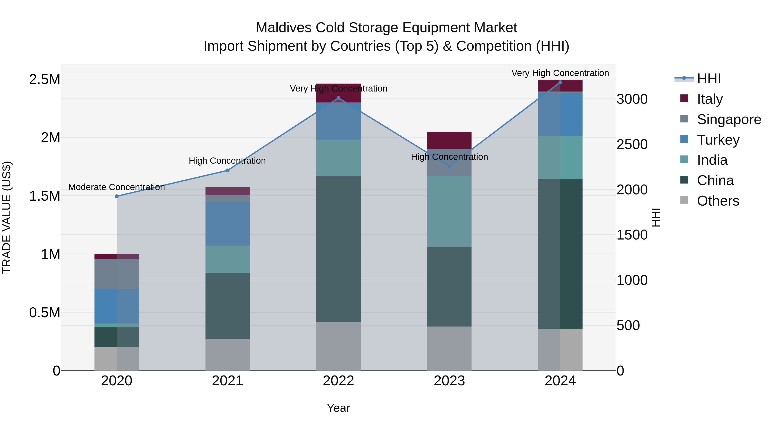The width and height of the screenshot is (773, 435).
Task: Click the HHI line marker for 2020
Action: (x=117, y=196)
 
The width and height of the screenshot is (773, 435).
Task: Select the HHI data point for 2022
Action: (x=338, y=98)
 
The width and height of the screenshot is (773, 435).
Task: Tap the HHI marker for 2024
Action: (x=560, y=82)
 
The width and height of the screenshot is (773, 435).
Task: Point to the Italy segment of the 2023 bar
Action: (x=449, y=140)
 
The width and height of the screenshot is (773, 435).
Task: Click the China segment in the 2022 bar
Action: (x=338, y=249)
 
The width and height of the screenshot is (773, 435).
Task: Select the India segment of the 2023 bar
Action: (x=449, y=211)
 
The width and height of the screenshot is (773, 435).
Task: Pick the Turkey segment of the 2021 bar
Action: (x=227, y=224)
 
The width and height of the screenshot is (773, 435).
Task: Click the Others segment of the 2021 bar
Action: (x=227, y=355)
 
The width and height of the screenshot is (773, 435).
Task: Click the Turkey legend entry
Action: (x=718, y=140)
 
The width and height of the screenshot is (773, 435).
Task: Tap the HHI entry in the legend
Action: (x=709, y=79)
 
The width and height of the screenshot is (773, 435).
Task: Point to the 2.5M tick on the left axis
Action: (x=44, y=79)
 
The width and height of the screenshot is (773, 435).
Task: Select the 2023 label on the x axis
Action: (x=449, y=381)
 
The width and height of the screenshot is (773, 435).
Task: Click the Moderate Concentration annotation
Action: (x=117, y=187)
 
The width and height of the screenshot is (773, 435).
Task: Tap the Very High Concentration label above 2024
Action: (x=560, y=73)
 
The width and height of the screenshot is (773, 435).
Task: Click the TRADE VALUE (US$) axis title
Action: (x=7, y=217)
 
